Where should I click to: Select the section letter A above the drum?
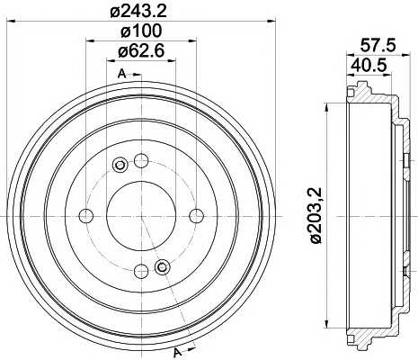(x=120, y=72)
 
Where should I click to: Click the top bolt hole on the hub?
(x=140, y=161)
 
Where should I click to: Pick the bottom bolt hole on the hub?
(x=140, y=271)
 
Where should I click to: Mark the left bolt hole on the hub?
(x=85, y=216)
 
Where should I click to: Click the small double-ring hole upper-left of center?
(x=120, y=165)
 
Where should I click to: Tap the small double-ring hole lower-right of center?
(x=162, y=267)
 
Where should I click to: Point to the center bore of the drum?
(x=140, y=216)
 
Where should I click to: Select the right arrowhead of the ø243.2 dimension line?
(x=271, y=24)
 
